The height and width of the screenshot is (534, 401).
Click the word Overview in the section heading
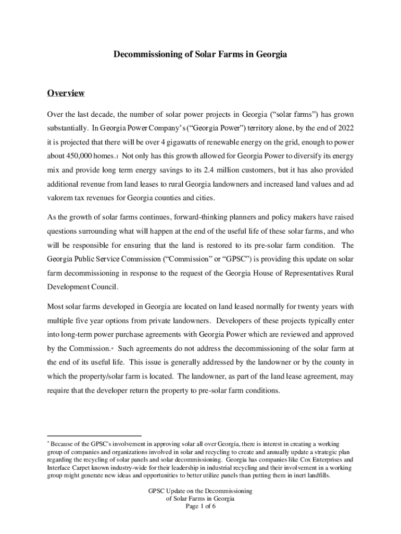click(66, 93)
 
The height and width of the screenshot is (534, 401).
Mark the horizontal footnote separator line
click(94, 435)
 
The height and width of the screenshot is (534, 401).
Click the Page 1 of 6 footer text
click(200, 506)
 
